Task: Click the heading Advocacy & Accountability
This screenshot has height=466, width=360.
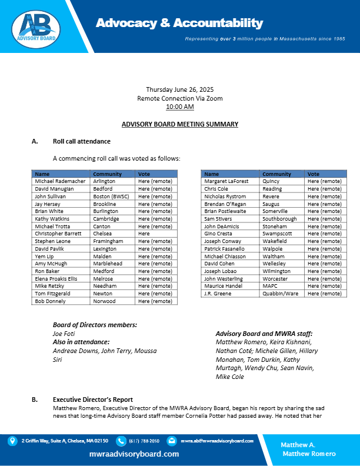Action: click(179, 23)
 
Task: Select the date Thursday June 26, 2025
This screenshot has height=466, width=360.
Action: click(179, 89)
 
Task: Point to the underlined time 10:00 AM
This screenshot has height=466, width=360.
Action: click(179, 106)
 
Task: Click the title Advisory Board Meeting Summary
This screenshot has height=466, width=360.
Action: click(179, 124)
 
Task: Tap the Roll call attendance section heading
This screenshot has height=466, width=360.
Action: click(81, 142)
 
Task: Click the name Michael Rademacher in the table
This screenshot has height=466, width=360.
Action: click(59, 182)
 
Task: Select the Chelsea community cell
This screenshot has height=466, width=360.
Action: click(105, 234)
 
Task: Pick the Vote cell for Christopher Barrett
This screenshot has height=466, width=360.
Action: click(144, 234)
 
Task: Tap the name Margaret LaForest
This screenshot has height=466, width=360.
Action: click(226, 182)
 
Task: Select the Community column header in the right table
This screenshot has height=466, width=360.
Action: click(276, 174)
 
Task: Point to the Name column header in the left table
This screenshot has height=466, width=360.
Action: click(42, 174)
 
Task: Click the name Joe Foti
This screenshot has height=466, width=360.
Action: click(64, 334)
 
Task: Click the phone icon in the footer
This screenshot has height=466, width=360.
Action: click(121, 440)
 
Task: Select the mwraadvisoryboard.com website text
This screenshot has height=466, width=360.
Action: click(134, 454)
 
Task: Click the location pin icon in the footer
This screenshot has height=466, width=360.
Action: click(12, 440)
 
